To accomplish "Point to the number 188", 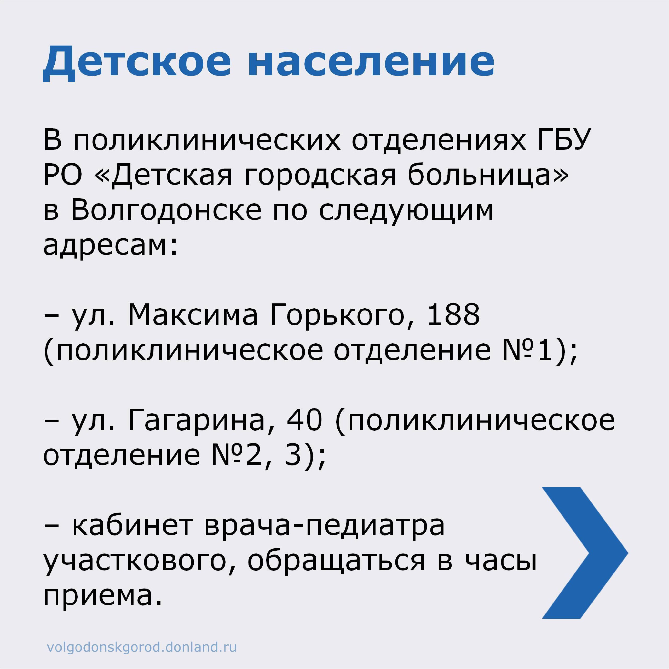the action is tap(454, 314).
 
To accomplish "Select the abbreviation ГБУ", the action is tap(563, 139).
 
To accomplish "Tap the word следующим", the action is tap(406, 211).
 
